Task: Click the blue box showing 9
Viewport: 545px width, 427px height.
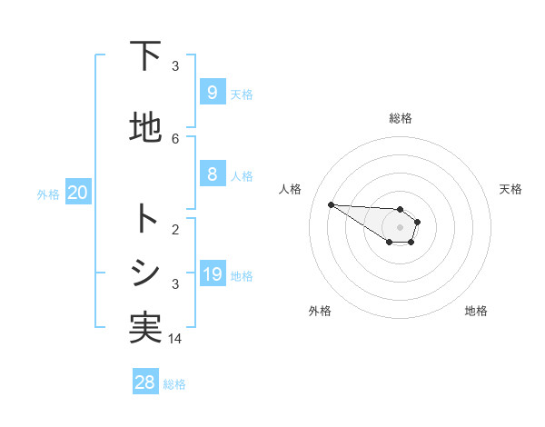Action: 212,92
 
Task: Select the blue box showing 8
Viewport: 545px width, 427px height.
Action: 212,174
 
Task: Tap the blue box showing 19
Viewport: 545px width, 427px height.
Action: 212,274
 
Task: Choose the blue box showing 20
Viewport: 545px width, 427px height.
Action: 77,193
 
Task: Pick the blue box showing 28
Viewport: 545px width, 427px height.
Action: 145,382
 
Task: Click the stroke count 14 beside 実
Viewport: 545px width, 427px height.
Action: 175,338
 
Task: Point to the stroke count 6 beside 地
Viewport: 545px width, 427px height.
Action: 175,138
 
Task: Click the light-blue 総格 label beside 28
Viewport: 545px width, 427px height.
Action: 174,384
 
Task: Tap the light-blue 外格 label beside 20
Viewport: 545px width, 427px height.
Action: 48,194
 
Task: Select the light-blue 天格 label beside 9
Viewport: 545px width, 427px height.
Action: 242,94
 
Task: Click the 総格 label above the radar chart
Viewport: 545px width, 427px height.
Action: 400,118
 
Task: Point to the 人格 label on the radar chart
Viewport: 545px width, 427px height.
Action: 291,189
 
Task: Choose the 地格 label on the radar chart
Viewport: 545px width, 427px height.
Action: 476,311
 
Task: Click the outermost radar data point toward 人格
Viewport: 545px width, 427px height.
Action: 331,204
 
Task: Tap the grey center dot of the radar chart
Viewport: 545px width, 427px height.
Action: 400,227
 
